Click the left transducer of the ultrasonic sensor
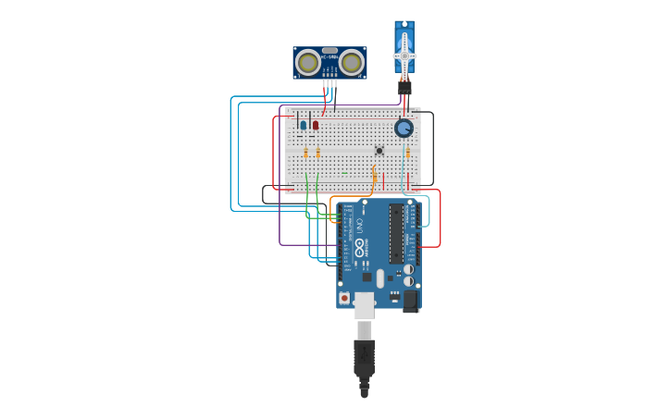pos(307,63)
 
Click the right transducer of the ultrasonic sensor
pos(351,63)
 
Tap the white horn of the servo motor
pos(404,56)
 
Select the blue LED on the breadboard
pos(303,125)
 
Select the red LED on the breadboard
pos(315,125)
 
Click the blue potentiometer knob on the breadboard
pos(404,128)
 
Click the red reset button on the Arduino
pos(345,298)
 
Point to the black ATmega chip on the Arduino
pos(396,233)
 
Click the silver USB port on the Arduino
pos(365,305)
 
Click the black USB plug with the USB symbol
pos(365,357)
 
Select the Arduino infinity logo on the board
pos(359,248)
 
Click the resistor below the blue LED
pos(305,153)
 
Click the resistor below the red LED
pos(317,153)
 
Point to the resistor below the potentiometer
pos(407,153)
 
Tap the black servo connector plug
pos(404,88)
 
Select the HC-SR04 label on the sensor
pos(329,57)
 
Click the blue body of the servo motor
pos(404,42)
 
